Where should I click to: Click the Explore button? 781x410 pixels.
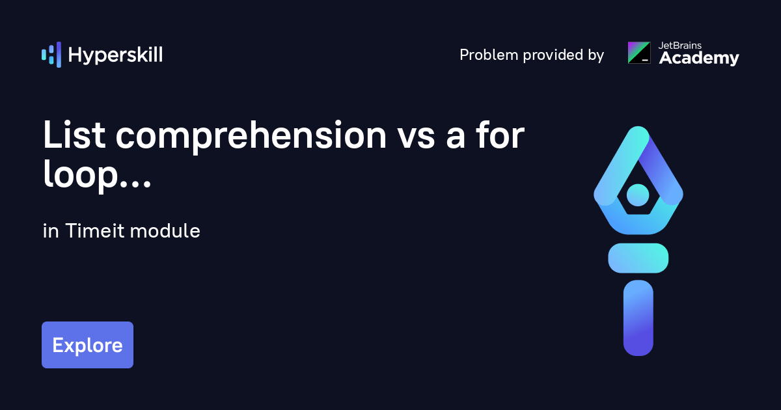[87, 345]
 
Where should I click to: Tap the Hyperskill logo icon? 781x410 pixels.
[51, 55]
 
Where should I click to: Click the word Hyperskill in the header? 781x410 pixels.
[115, 55]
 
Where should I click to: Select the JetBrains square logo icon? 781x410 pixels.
[638, 53]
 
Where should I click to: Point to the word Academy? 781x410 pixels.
[699, 59]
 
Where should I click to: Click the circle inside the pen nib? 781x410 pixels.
[638, 195]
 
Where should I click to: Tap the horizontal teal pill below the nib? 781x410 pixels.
[638, 258]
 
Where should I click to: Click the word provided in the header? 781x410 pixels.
[542, 55]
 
